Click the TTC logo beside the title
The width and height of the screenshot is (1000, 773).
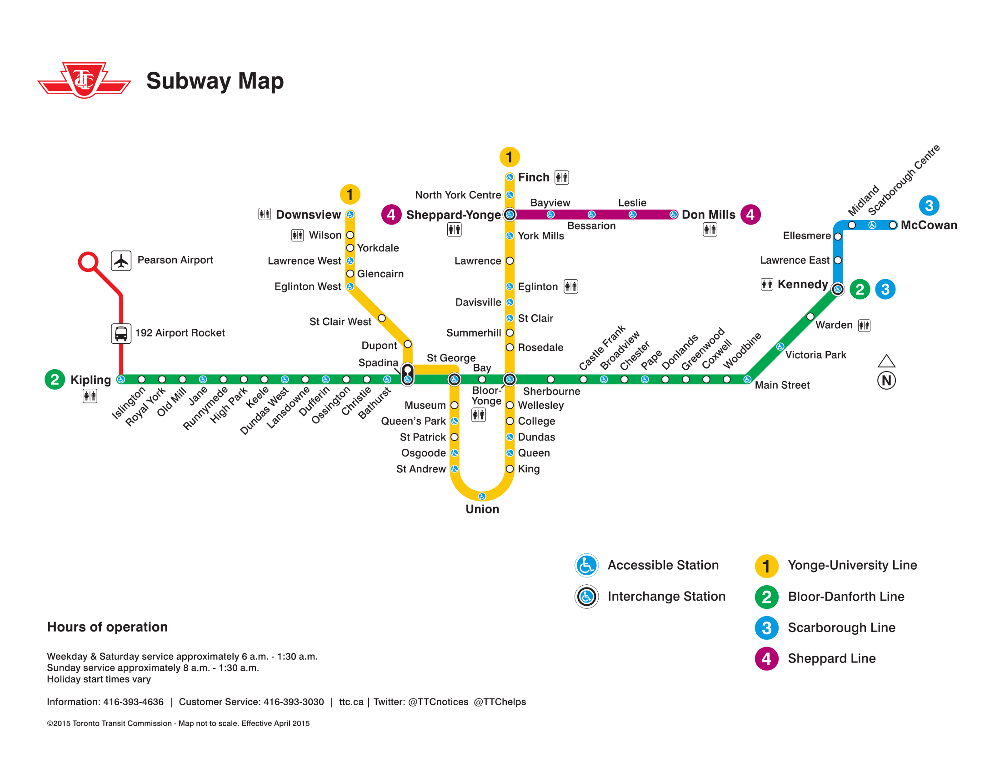coord(84,80)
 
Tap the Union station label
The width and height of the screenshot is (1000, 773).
coord(482,509)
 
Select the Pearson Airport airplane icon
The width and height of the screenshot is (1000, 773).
coord(121,261)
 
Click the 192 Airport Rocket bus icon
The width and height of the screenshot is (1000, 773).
coord(121,333)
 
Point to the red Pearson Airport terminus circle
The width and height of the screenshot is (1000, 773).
coord(88,262)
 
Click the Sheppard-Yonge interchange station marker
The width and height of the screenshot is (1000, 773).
coord(510,214)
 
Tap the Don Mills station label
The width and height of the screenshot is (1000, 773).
coord(708,215)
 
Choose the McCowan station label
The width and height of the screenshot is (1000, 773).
coord(929,225)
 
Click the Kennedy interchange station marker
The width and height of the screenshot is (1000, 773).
coord(837,289)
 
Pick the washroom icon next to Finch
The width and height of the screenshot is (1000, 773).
coord(562,177)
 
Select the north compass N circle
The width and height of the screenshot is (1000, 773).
coord(886,381)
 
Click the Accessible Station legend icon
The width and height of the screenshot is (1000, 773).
coord(586,566)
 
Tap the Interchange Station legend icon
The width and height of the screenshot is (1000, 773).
coord(586,597)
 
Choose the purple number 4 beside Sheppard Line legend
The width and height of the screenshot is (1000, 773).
coord(766,659)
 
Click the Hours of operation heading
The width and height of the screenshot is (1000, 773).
coord(107,627)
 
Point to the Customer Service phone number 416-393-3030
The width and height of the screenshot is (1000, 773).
coord(294,702)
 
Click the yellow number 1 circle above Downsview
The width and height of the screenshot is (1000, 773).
coord(350,195)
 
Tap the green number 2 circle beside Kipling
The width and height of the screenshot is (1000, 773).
coord(55,380)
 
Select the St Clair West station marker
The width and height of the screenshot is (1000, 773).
coord(381,318)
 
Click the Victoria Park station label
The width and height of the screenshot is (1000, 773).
coord(815,355)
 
